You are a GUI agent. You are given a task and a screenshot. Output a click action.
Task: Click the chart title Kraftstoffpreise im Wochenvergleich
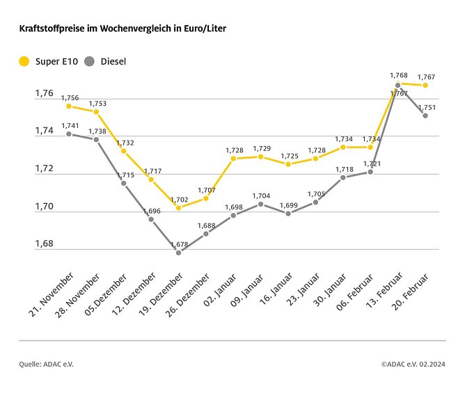pos(122,29)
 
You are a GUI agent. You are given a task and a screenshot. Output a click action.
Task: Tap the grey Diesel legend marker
pos(90,61)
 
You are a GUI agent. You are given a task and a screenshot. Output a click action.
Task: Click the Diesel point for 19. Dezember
pos(178,253)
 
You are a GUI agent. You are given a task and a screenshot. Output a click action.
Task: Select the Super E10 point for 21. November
pos(68,106)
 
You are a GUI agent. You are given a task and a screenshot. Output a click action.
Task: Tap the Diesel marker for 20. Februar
pos(425,115)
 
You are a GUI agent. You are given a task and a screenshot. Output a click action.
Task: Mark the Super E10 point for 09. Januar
pos(260,157)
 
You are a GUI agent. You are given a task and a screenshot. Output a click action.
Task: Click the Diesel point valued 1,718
pos(342,177)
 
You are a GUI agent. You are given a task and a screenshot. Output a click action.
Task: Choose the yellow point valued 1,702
pos(178,207)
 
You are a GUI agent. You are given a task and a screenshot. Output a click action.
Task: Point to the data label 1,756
pos(70,97)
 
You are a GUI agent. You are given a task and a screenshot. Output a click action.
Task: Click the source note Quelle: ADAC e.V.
pos(46,363)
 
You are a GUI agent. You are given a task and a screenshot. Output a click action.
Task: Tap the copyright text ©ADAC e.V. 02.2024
pos(413,363)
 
